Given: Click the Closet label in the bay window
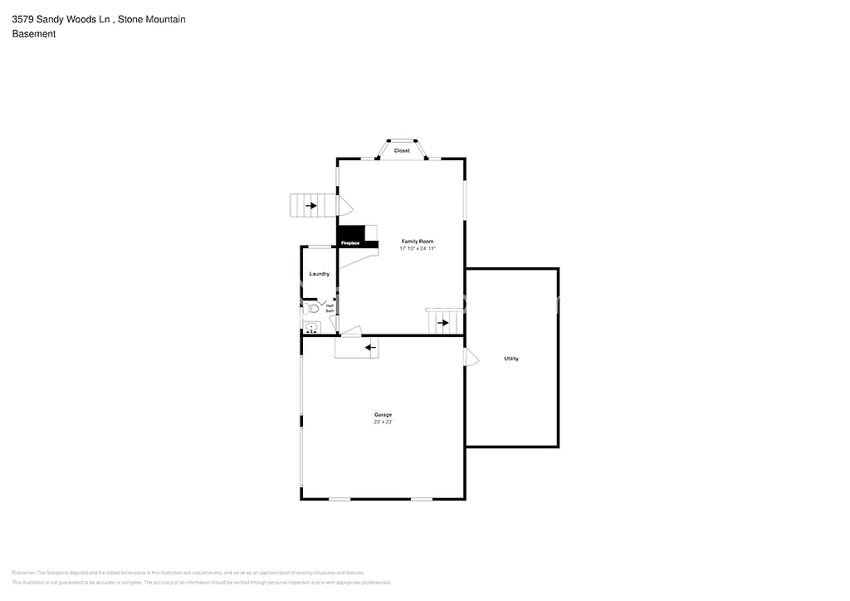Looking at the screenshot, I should (402, 150).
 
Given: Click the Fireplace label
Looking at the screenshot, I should (350, 243).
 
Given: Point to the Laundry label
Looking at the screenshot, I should (319, 274).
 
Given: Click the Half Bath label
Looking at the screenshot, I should (330, 308).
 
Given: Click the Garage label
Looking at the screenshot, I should (383, 414).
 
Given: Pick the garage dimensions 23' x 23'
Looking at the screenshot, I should (383, 422).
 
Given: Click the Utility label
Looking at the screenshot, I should (511, 359).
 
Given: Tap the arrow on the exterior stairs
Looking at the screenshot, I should (310, 205).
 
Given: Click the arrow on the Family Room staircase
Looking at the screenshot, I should (442, 322).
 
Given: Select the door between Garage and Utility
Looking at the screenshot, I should (471, 357).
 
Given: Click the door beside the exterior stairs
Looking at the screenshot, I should (344, 204).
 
